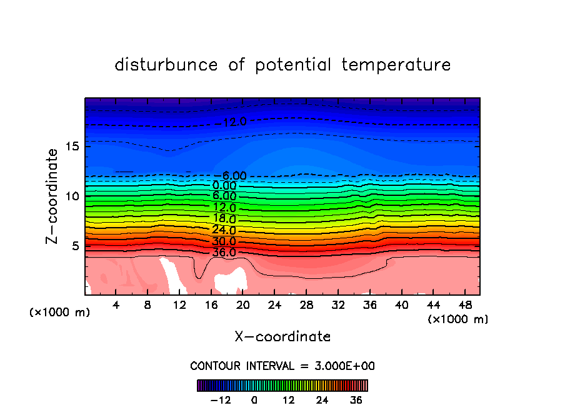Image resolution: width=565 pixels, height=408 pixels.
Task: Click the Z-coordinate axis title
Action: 53,196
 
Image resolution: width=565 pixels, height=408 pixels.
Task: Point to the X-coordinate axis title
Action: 282,337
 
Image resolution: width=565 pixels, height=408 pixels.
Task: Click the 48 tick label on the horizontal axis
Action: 465,305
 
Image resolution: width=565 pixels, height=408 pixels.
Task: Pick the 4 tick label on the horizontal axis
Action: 116,305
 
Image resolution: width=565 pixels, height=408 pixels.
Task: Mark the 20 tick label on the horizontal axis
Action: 243,305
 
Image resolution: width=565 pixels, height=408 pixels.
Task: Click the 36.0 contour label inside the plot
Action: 224,253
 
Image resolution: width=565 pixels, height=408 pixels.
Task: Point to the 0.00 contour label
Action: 224,185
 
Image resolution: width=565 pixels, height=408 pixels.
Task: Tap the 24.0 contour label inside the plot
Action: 224,230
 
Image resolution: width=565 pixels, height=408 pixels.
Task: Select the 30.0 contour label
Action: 224,241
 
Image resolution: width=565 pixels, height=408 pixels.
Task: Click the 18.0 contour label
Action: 224,219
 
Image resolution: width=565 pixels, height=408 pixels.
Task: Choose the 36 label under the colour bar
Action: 356,400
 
